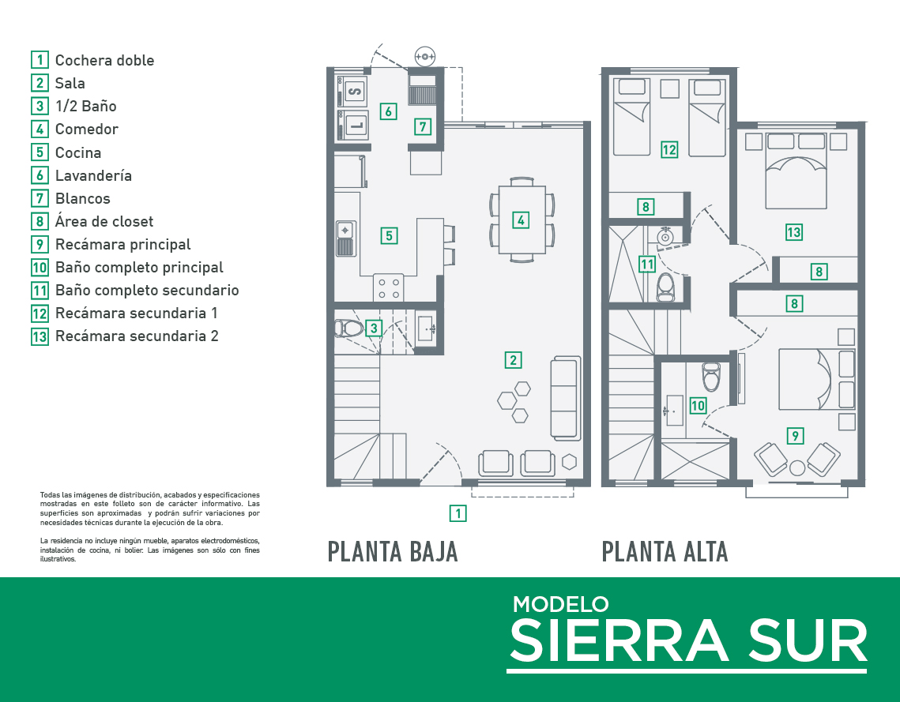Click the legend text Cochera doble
[104, 60]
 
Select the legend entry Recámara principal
[122, 244]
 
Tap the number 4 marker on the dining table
[521, 220]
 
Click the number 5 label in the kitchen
[390, 236]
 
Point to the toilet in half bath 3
[349, 328]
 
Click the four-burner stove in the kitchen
[389, 288]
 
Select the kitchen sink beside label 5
[345, 238]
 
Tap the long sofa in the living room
[566, 398]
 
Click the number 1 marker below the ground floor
[458, 513]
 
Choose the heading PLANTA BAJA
[393, 552]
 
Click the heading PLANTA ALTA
[665, 552]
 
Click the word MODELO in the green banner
[561, 605]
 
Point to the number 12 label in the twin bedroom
[669, 150]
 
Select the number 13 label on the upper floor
[794, 232]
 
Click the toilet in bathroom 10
[711, 376]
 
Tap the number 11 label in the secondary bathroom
[647, 265]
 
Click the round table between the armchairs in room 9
[797, 468]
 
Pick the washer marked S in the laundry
[355, 91]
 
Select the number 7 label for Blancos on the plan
[423, 126]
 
